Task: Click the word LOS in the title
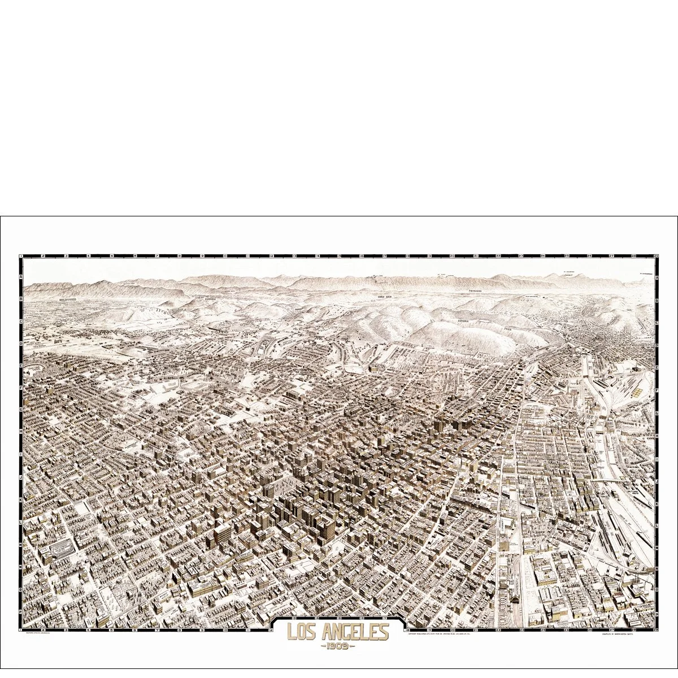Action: pos(302,631)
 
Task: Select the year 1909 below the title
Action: pos(337,646)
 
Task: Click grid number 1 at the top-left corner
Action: pos(21,256)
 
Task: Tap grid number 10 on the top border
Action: pos(225,256)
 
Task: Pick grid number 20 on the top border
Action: pos(453,256)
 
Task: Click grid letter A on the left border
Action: pos(21,277)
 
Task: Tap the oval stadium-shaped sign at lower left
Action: pos(63,547)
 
